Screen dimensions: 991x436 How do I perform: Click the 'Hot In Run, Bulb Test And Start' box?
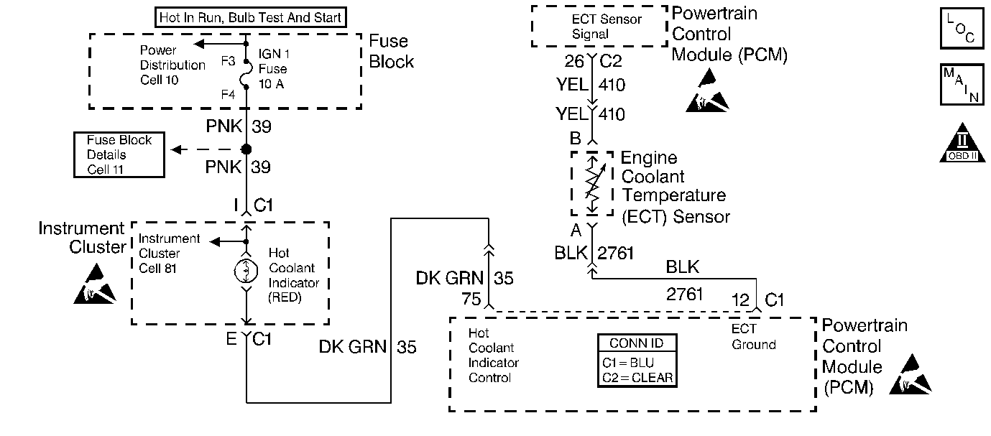[250, 17]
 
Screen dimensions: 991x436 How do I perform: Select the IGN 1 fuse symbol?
[246, 74]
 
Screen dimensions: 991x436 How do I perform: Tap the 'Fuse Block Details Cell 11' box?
[119, 154]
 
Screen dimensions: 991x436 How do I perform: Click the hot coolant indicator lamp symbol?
[246, 271]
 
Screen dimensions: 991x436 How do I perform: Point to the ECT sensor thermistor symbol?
[592, 184]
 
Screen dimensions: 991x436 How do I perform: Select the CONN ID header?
[637, 343]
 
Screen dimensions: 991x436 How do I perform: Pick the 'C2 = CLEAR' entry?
[637, 378]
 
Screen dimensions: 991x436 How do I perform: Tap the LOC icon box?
[962, 28]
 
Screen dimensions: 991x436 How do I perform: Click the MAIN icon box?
[962, 85]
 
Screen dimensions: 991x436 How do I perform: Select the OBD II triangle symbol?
[962, 143]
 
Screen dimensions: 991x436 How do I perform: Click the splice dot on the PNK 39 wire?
[246, 149]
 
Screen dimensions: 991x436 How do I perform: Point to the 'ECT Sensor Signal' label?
[607, 27]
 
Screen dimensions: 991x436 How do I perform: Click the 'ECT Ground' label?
[753, 336]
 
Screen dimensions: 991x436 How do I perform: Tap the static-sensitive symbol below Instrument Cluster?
[95, 284]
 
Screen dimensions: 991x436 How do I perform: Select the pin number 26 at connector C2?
[574, 61]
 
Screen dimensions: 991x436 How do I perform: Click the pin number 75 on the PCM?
[471, 300]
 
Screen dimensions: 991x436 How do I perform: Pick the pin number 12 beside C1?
[740, 300]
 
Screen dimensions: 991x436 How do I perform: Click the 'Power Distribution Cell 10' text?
[172, 65]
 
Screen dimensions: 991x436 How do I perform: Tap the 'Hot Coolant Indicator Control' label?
[493, 356]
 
